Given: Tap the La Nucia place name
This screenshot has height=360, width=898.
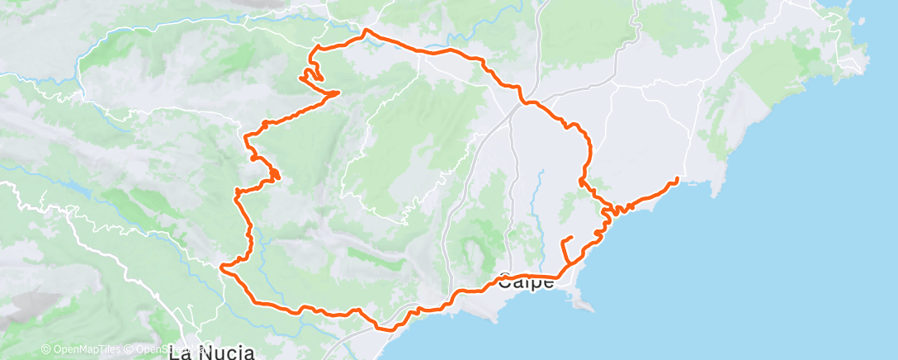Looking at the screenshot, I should coord(211,354).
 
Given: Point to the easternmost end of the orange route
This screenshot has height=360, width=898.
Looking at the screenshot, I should coord(678,178).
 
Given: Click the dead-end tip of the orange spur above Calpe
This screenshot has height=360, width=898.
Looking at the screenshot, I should coord(571,238).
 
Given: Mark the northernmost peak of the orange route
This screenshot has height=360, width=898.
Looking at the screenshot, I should coord(365,31).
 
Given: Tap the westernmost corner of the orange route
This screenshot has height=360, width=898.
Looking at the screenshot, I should coord(221,267).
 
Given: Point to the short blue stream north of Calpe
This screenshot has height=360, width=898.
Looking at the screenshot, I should coord(541,198).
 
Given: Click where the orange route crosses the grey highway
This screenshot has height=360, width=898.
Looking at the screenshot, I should coord(522,102).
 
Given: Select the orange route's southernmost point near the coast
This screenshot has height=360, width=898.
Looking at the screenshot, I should coord(385,329).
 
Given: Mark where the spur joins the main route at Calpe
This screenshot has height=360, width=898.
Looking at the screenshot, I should coord(565,267).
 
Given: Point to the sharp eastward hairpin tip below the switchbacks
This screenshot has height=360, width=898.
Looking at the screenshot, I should coord(338,93).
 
